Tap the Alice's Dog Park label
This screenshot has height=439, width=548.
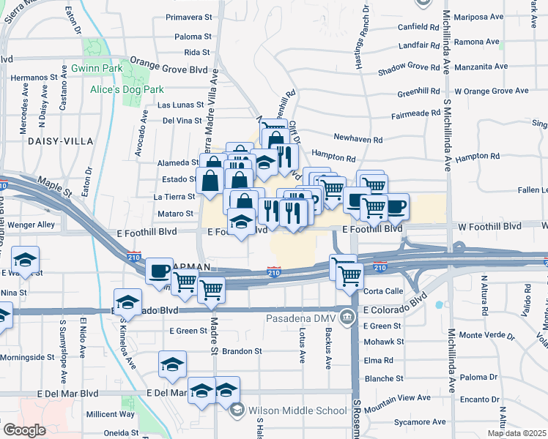[127, 89]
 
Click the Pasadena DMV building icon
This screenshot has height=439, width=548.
[347, 316]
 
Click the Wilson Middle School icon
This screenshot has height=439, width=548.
[238, 410]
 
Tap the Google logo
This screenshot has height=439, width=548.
[24, 429]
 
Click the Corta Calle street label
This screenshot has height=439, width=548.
[383, 290]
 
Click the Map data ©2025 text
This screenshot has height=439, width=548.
[516, 432]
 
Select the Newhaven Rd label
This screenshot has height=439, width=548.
[358, 139]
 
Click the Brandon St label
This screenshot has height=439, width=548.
[242, 351]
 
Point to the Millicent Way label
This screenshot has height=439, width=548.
[111, 413]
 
